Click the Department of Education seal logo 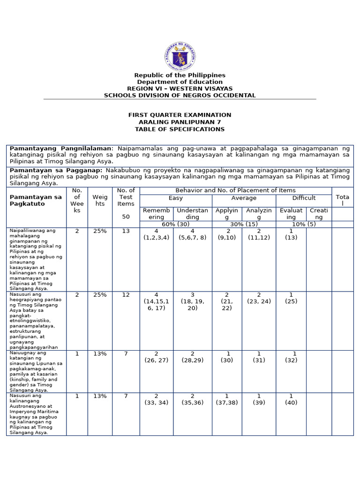tap(180, 56)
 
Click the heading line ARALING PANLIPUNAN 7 tap(180, 122)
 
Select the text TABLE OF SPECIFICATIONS tap(180, 129)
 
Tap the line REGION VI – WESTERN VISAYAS tap(180, 89)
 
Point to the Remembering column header tap(156, 214)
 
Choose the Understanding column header tap(192, 214)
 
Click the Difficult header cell tap(304, 198)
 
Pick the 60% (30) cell tap(176, 225)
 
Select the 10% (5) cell tap(304, 225)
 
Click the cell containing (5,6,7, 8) tap(192, 234)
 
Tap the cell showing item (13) tap(291, 234)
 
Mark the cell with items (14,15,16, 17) tap(156, 301)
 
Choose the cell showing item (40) tap(291, 399)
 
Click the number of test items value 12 tap(126, 295)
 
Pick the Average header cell tap(244, 198)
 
